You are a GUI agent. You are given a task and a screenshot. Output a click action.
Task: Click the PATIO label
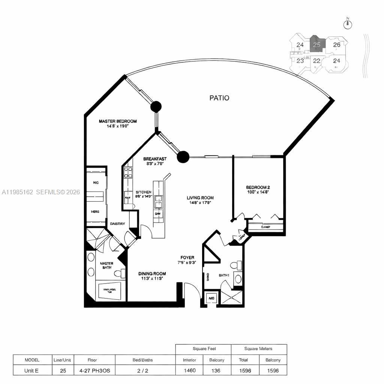click(x=219, y=98)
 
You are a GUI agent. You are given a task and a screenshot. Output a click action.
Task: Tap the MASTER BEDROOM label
click(x=117, y=121)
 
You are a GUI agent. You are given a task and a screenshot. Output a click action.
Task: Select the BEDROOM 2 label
click(x=258, y=187)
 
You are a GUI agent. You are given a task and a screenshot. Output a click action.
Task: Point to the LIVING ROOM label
click(x=200, y=198)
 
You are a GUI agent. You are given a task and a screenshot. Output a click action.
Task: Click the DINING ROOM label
click(x=152, y=274)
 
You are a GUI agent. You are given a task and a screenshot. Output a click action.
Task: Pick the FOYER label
click(x=187, y=258)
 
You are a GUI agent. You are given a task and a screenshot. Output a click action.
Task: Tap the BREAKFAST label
click(x=155, y=159)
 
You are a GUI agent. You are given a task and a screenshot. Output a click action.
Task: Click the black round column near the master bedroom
click(x=156, y=107)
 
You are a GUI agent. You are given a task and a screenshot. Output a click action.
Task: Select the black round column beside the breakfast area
click(x=183, y=157)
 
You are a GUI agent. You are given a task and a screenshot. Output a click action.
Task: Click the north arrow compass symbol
click(x=348, y=24)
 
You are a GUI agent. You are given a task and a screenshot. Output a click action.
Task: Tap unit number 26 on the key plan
click(x=337, y=45)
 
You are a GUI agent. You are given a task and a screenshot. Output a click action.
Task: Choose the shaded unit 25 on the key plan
click(x=317, y=45)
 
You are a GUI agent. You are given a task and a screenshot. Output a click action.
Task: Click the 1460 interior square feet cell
click(x=189, y=370)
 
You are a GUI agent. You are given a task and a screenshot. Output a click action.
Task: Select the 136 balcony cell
click(x=217, y=370)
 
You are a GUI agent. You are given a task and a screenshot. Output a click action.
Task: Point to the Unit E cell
click(x=32, y=370)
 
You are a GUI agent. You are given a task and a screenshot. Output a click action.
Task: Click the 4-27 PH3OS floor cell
click(x=92, y=370)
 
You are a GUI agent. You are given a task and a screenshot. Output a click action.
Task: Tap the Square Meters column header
click(x=258, y=349)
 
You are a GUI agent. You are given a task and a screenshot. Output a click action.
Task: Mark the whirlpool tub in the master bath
click(x=110, y=291)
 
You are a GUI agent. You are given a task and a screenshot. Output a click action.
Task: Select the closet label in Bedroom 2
click(x=265, y=227)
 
